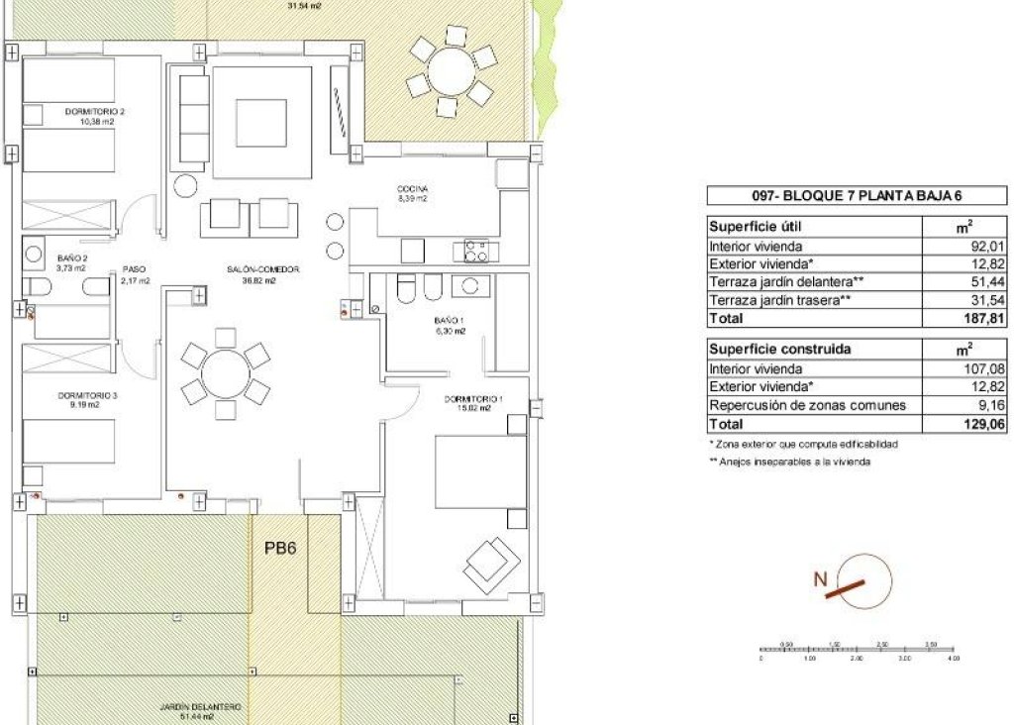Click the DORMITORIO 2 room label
[95, 112]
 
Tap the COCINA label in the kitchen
[411, 188]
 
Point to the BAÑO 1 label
[448, 321]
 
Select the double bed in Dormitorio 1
[480, 472]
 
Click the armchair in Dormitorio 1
[493, 565]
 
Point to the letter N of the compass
[820, 580]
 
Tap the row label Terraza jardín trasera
[777, 300]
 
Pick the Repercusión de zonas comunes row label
[807, 405]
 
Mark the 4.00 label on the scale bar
[953, 658]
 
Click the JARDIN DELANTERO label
[201, 707]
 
